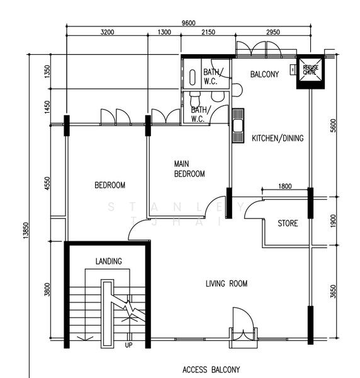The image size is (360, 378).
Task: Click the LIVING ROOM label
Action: [x=227, y=284]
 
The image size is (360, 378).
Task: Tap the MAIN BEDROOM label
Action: [x=189, y=169]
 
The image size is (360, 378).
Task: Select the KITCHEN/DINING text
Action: [x=278, y=139]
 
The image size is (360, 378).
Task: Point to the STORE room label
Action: [x=288, y=224]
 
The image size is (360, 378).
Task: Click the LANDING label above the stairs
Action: [x=109, y=261]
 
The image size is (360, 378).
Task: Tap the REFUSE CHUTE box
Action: [x=310, y=71]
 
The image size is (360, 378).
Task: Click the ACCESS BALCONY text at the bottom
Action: [x=211, y=370]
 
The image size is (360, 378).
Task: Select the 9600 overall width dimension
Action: [x=188, y=23]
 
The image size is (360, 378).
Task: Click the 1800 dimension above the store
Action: [x=284, y=186]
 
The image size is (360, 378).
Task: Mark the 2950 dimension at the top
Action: [x=272, y=32]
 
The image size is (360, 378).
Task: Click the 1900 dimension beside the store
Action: [x=334, y=221]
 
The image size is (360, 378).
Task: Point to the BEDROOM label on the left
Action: [x=110, y=185]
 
